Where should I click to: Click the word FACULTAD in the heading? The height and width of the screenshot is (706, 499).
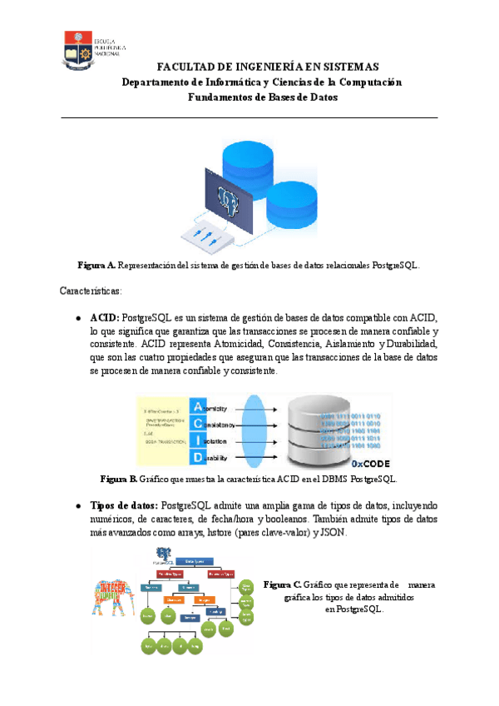(x=187, y=67)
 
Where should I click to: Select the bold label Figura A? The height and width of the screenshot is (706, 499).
(x=96, y=266)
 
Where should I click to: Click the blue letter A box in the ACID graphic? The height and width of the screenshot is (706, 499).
(x=197, y=407)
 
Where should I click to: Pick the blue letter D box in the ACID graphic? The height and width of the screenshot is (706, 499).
(x=197, y=458)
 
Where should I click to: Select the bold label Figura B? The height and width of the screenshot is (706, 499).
(x=118, y=480)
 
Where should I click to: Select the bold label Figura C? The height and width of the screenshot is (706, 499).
(x=282, y=585)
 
